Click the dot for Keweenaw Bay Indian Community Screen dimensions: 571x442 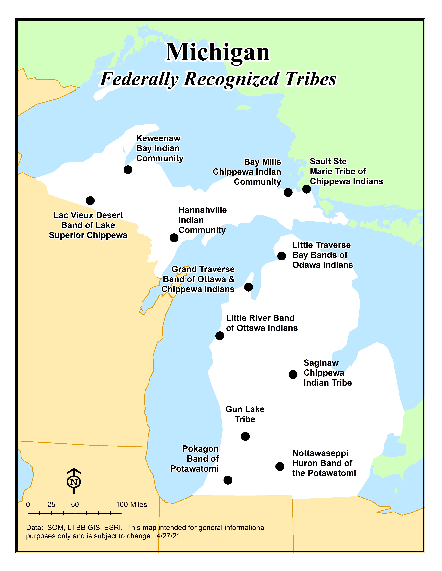(128, 170)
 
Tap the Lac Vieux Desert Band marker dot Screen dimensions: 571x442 (90, 201)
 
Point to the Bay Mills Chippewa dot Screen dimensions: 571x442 (288, 192)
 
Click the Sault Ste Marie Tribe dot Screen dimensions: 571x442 (307, 189)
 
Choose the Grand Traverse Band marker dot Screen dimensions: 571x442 (248, 287)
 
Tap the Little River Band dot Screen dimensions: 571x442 (220, 336)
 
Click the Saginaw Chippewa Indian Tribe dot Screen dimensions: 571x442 (293, 374)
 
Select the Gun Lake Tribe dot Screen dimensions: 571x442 (245, 436)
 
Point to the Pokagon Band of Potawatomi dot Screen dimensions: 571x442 (228, 480)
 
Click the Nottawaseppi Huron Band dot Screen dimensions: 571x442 (280, 466)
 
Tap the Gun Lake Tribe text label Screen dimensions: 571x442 (245, 414)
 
